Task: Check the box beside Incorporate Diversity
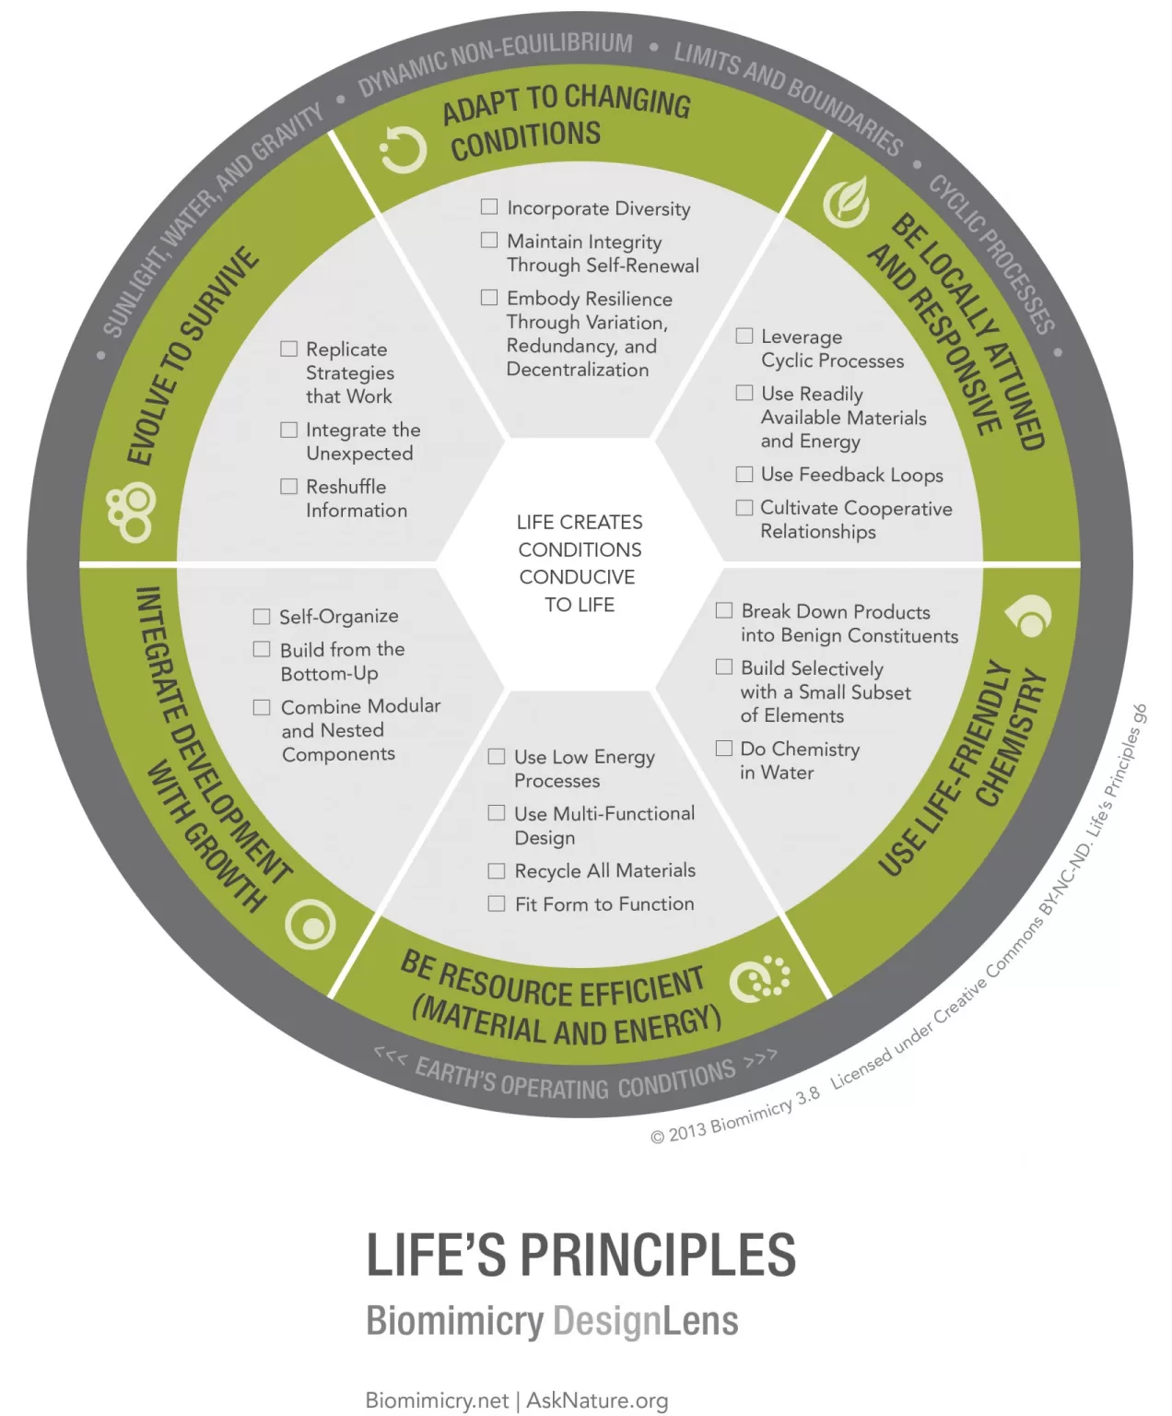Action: (489, 207)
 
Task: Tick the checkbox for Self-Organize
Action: (262, 616)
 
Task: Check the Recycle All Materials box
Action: (497, 871)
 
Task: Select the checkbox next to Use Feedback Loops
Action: (744, 475)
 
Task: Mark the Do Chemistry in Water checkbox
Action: (724, 749)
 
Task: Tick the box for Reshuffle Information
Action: (289, 486)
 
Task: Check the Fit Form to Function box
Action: (497, 904)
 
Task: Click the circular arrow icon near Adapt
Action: (404, 149)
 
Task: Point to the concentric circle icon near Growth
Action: (311, 925)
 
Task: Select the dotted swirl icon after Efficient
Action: (760, 979)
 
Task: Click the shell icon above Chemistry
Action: (1028, 617)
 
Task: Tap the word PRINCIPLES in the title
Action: (658, 1256)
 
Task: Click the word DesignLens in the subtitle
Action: (645, 1321)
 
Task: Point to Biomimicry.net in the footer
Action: (437, 1401)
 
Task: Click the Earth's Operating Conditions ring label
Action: (577, 1080)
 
